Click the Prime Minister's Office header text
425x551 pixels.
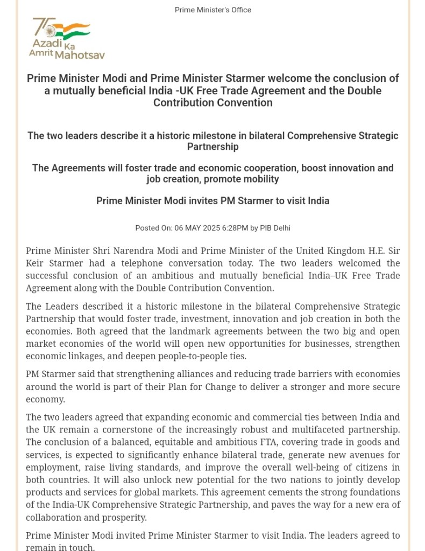pyautogui.click(x=212, y=10)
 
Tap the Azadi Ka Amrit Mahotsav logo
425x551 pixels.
pyautogui.click(x=67, y=38)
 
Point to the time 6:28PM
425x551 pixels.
pyautogui.click(x=237, y=228)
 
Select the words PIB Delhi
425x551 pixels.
pyautogui.click(x=275, y=228)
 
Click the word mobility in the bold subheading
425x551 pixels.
pyautogui.click(x=260, y=179)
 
